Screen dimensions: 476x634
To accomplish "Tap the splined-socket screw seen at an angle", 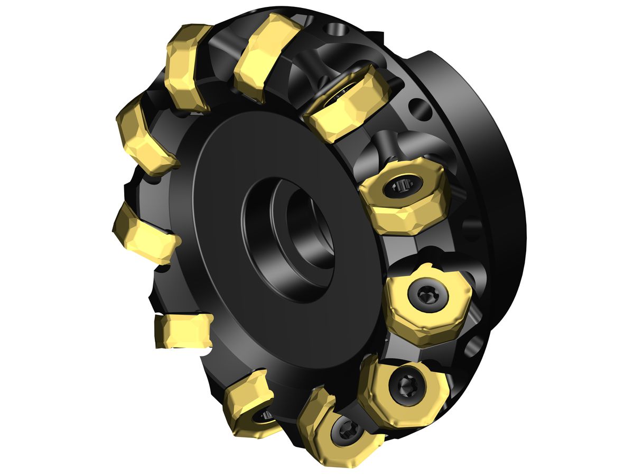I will (x=403, y=186).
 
